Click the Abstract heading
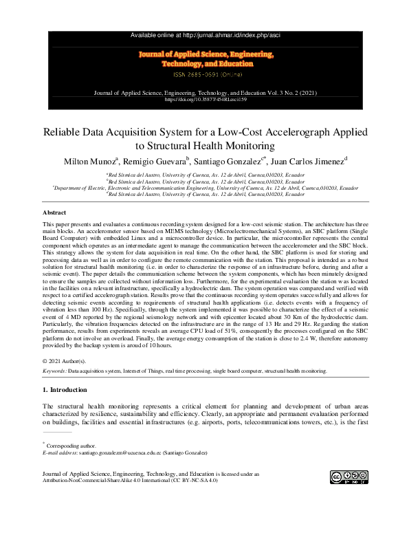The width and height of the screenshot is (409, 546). pyautogui.click(x=54, y=213)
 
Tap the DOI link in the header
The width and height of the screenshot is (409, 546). pyautogui.click(x=204, y=99)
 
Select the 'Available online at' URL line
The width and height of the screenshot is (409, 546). pyautogui.click(x=204, y=35)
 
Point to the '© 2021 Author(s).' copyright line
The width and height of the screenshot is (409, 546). pyautogui.click(x=65, y=361)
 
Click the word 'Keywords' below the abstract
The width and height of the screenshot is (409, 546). pyautogui.click(x=54, y=371)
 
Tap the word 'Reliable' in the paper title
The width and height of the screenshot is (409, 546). pyautogui.click(x=65, y=131)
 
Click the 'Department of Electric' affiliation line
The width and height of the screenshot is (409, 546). pyautogui.click(x=206, y=187)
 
